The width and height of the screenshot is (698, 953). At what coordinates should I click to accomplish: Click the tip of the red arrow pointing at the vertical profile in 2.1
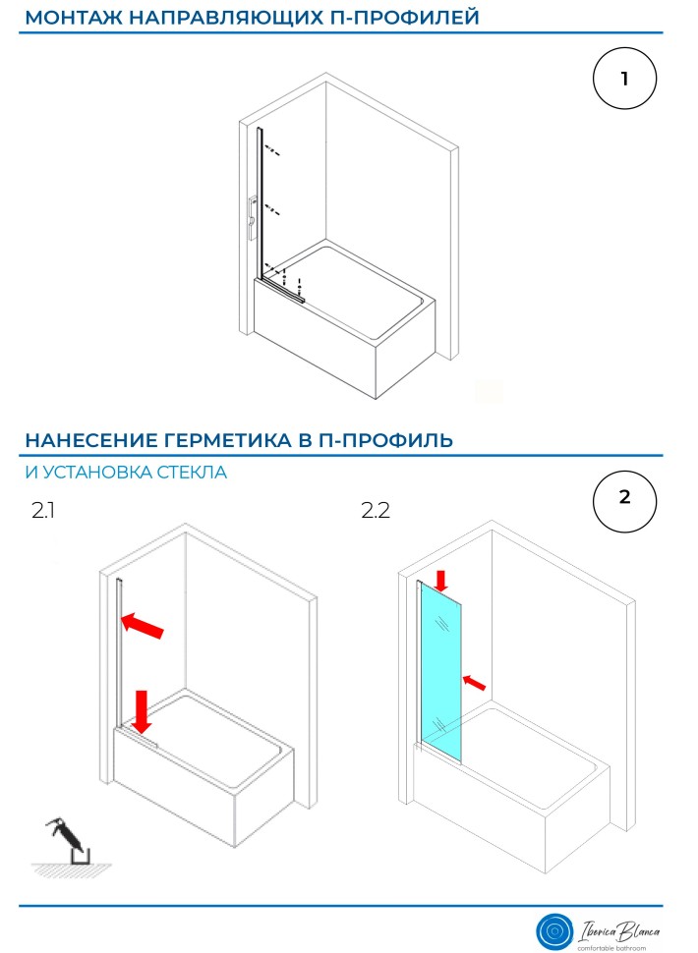(x=122, y=619)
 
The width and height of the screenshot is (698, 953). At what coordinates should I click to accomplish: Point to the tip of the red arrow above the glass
(x=442, y=592)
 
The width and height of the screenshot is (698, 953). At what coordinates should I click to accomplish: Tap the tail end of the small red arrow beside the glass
(x=486, y=689)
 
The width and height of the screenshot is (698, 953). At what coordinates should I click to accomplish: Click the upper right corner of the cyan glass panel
(x=461, y=598)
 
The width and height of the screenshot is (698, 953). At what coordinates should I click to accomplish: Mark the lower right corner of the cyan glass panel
(x=461, y=762)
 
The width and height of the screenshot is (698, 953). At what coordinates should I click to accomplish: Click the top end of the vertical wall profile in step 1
(x=260, y=129)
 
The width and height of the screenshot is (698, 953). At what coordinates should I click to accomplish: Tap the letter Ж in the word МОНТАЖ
(x=115, y=18)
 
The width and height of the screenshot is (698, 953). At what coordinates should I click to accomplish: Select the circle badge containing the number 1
(x=624, y=79)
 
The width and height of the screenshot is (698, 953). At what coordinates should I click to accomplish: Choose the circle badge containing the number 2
(x=624, y=501)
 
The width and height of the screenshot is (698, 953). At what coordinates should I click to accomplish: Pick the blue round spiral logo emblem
(x=553, y=930)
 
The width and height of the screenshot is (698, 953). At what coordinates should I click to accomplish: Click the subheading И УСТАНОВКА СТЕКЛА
(x=126, y=473)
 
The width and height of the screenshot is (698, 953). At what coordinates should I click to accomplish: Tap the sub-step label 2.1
(x=42, y=510)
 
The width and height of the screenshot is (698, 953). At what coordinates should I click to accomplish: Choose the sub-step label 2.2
(x=376, y=510)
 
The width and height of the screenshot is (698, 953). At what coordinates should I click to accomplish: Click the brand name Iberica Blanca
(x=619, y=930)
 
